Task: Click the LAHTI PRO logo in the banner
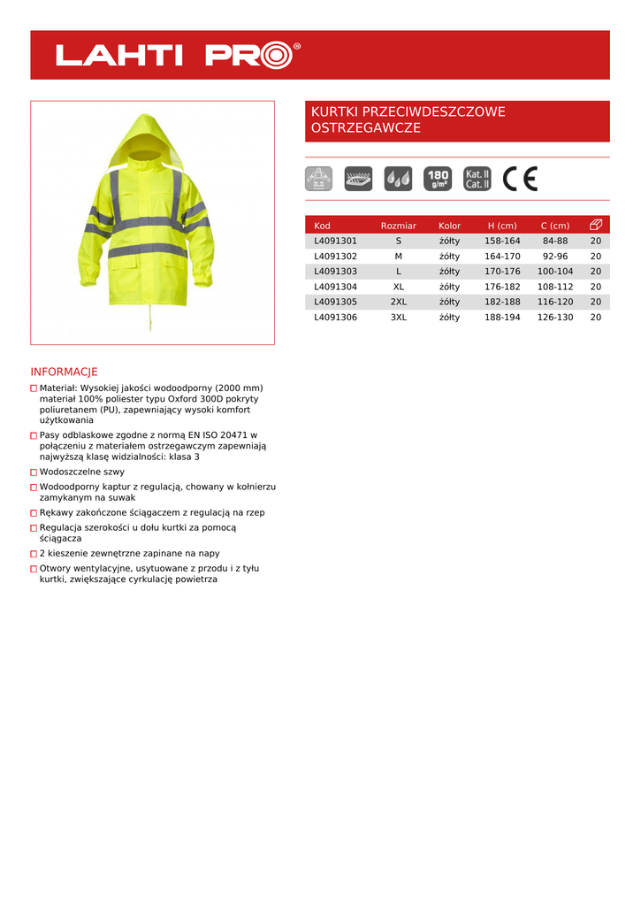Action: pos(178,55)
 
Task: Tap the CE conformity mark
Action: pos(520,179)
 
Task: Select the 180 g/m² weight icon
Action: pos(438,179)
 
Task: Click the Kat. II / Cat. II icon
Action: pos(477,179)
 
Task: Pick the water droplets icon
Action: pos(398,179)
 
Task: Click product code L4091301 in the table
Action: pos(335,241)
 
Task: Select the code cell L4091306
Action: pos(335,317)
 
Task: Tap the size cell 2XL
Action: pos(399,302)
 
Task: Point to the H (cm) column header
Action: pos(502,226)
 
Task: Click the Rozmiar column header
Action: pos(399,226)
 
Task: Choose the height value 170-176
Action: pos(502,272)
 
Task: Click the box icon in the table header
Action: pos(596,225)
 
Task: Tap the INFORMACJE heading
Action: pos(64,372)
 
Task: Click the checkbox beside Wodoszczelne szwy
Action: pos(34,472)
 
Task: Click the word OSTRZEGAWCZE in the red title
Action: pos(365,128)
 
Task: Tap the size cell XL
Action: pos(399,287)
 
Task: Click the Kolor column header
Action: pos(449,226)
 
